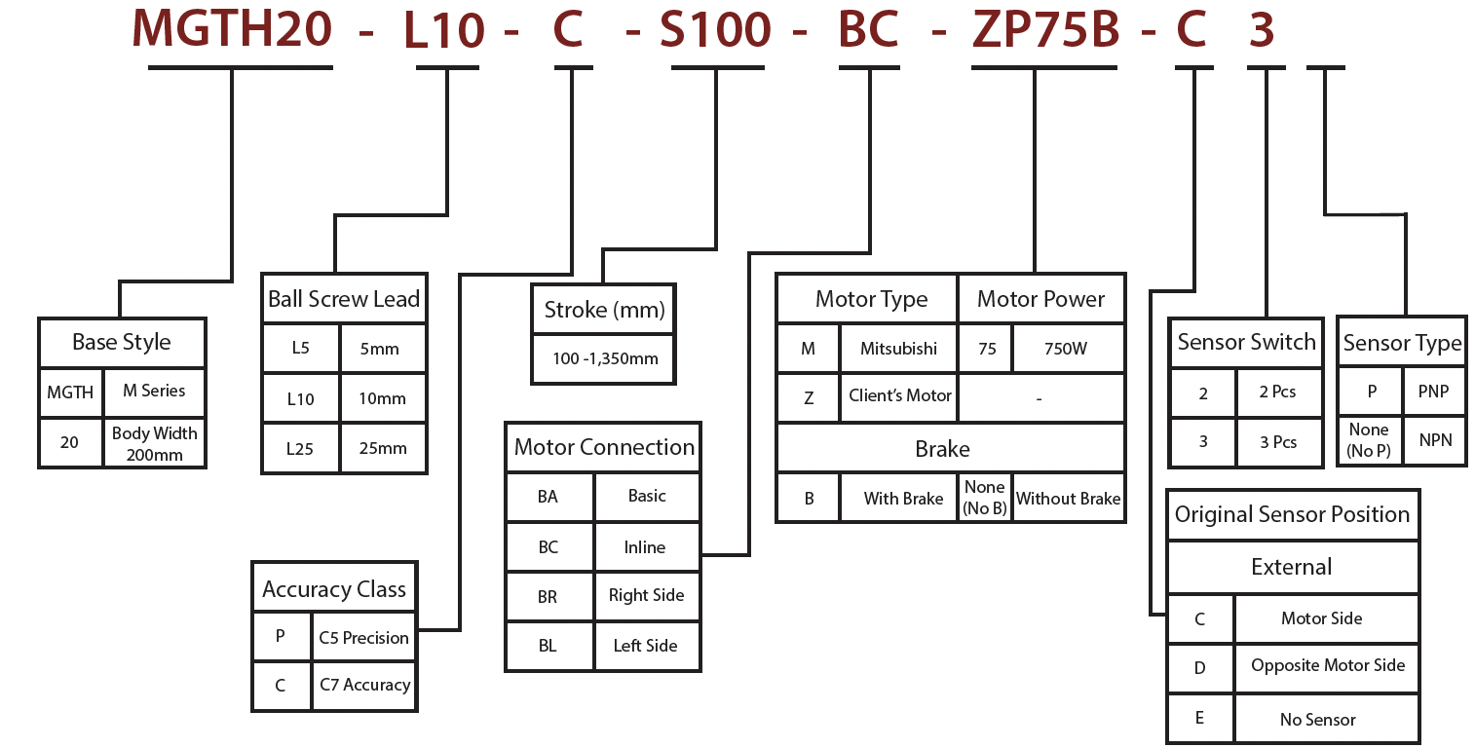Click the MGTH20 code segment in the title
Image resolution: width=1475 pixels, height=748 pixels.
click(232, 29)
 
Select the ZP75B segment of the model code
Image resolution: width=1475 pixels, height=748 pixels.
click(1045, 30)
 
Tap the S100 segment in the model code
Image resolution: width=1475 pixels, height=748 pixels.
click(715, 30)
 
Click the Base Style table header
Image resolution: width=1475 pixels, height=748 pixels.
click(122, 343)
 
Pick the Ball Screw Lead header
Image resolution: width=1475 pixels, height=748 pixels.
click(344, 299)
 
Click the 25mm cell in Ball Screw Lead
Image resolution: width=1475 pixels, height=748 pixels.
click(383, 449)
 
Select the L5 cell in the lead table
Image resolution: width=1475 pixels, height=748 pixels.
click(300, 349)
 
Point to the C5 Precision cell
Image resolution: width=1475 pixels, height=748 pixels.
click(363, 638)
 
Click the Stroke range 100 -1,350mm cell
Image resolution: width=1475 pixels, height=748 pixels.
click(604, 358)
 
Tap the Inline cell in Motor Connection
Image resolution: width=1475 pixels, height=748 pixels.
click(645, 547)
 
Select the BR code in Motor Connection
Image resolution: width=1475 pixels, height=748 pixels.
click(548, 596)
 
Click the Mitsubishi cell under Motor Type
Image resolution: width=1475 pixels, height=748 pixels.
click(898, 348)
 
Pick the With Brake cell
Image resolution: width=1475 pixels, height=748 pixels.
click(903, 499)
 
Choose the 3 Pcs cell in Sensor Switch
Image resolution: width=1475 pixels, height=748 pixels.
click(1278, 442)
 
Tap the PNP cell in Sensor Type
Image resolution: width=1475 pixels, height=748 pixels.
click(1433, 392)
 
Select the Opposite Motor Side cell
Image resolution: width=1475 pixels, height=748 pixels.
click(1327, 666)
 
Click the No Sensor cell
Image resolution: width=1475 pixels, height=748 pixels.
click(1317, 720)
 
